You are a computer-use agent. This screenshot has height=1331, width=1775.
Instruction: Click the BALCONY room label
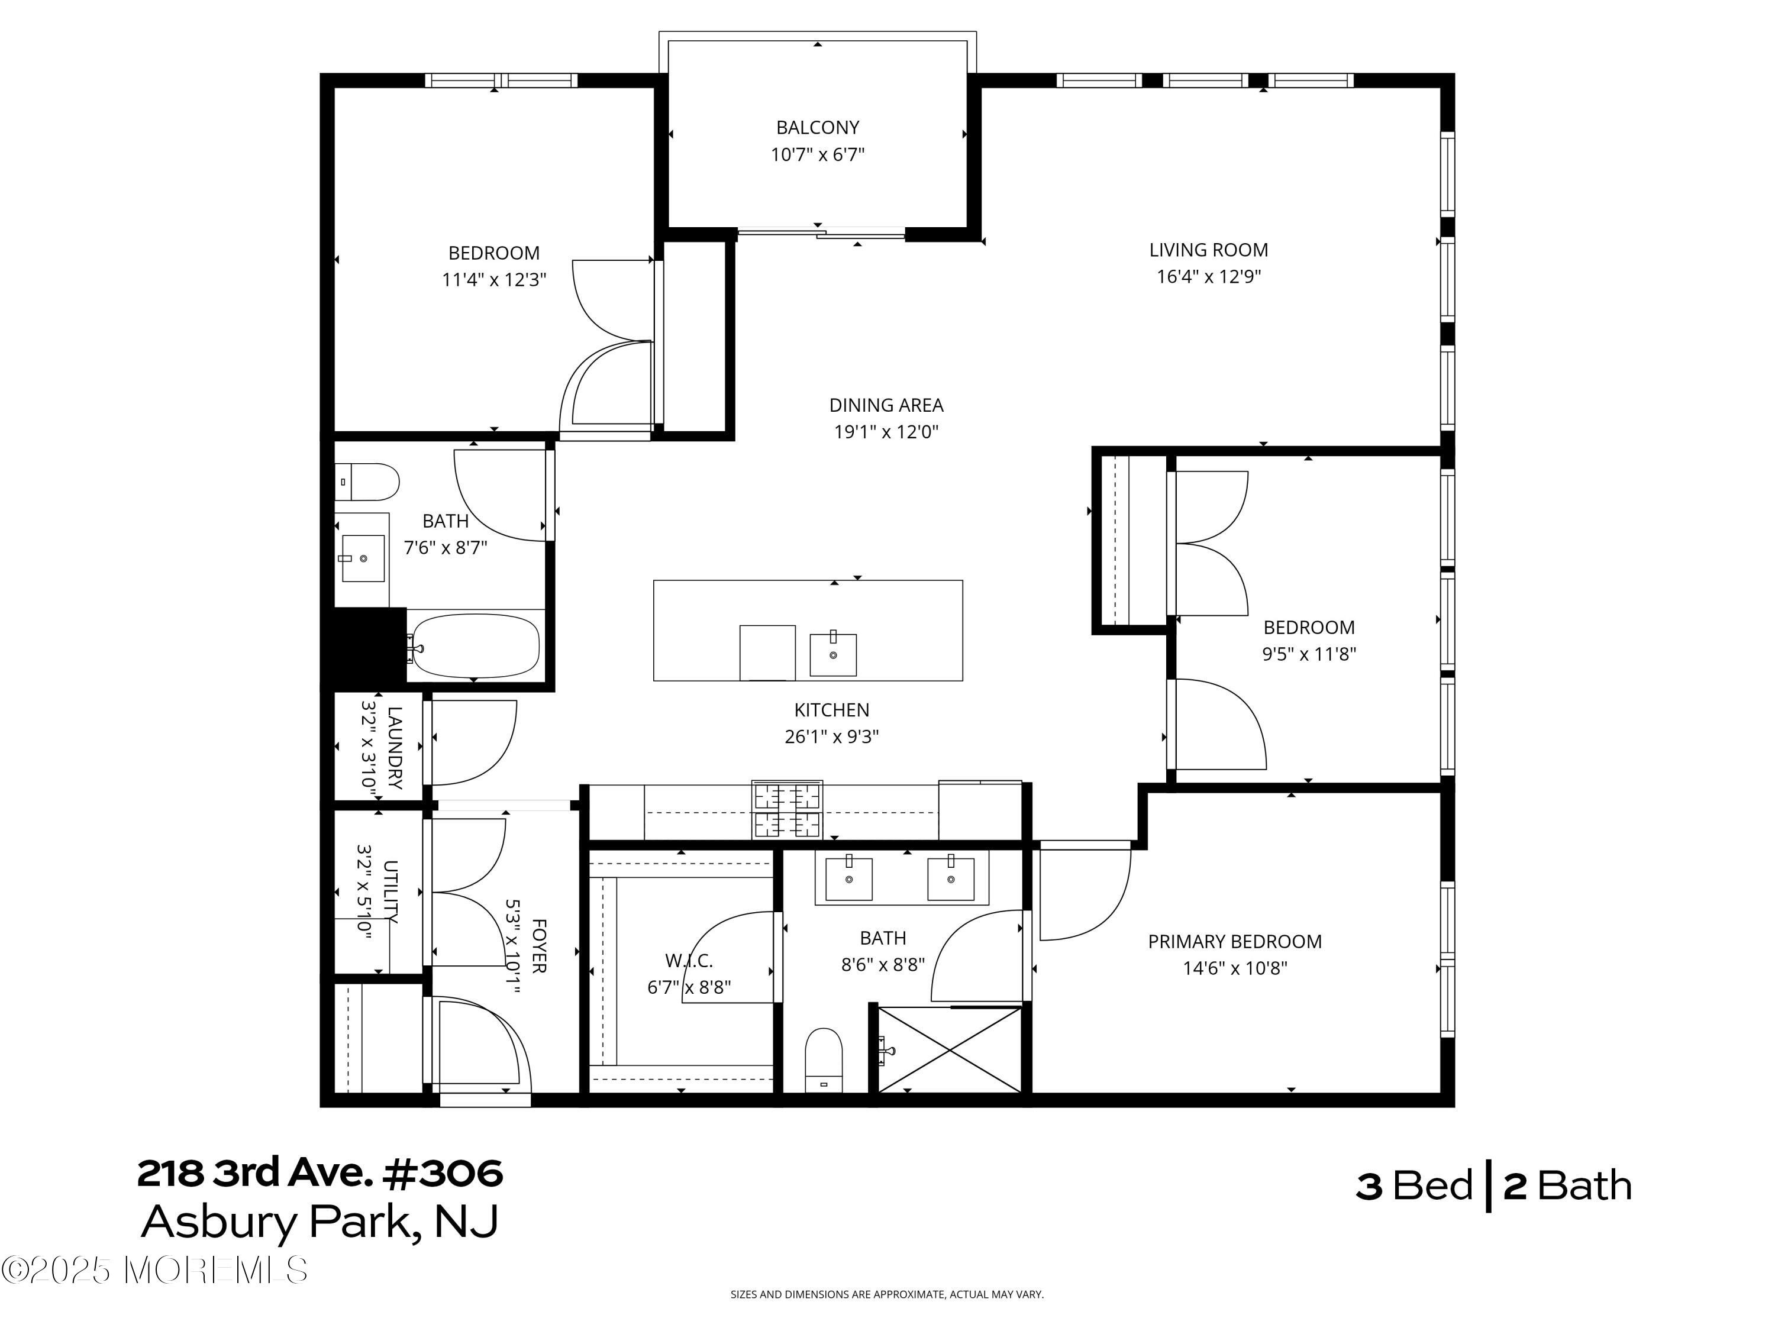[817, 127]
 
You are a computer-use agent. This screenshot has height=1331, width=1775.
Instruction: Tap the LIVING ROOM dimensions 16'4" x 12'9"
[1208, 277]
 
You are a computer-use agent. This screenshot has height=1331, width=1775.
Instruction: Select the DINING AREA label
[885, 405]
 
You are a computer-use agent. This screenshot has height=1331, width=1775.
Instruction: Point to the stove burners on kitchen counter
[786, 809]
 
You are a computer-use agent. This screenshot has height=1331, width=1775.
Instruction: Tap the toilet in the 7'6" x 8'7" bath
[367, 482]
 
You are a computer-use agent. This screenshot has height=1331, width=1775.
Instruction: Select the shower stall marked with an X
[949, 1049]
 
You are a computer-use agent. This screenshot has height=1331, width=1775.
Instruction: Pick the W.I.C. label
[689, 960]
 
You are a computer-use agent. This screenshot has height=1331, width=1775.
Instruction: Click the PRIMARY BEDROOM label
[1234, 941]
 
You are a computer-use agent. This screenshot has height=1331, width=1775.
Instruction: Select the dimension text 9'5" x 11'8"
[1308, 654]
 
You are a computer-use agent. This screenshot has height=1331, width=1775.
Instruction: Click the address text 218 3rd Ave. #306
[319, 1173]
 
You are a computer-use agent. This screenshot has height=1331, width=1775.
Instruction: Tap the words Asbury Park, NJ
[319, 1222]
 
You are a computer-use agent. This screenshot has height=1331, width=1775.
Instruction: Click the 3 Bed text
[1414, 1186]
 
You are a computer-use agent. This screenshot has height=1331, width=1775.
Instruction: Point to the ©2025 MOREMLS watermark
[154, 1270]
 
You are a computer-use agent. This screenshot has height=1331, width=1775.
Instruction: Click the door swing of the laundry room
[473, 742]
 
